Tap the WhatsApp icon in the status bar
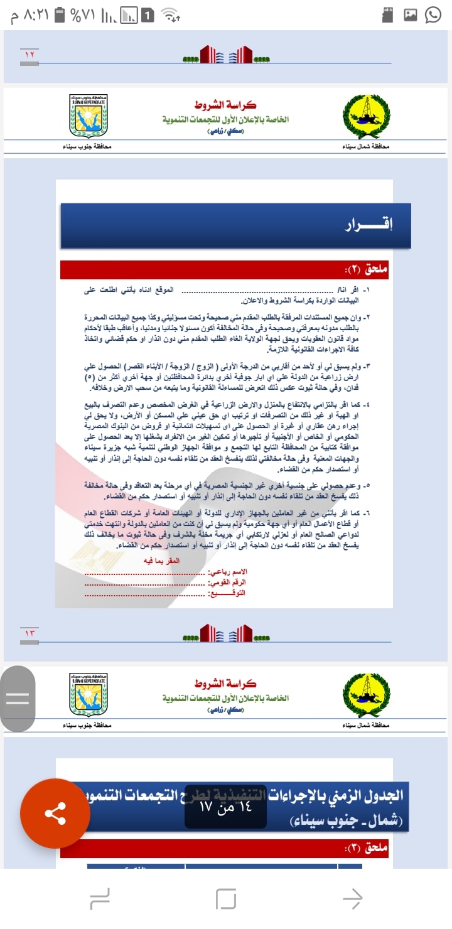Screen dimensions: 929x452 pyautogui.click(x=433, y=14)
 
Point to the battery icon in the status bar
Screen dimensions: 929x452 pyautogui.click(x=60, y=14)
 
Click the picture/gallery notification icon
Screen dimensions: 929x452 pyautogui.click(x=410, y=15)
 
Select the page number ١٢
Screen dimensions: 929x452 pyautogui.click(x=30, y=55)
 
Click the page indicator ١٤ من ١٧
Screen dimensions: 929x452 pyautogui.click(x=225, y=807)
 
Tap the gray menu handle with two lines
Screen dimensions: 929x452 pyautogui.click(x=18, y=699)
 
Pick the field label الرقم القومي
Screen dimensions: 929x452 pyautogui.click(x=227, y=583)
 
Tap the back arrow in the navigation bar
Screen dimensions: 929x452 pyautogui.click(x=352, y=898)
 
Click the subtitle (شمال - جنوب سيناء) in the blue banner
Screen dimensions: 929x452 pyautogui.click(x=348, y=821)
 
